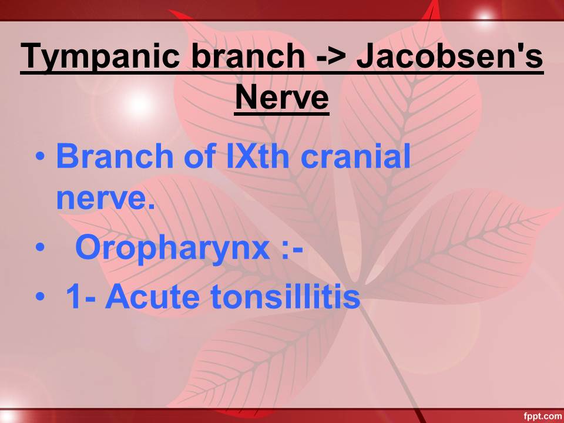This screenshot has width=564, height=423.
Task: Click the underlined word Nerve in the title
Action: (x=281, y=97)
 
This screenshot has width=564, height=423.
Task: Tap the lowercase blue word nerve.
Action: (x=106, y=199)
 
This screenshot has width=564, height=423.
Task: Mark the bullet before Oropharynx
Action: (x=41, y=247)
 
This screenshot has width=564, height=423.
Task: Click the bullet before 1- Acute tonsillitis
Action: (x=41, y=297)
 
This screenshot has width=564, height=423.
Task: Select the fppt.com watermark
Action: (x=542, y=416)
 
